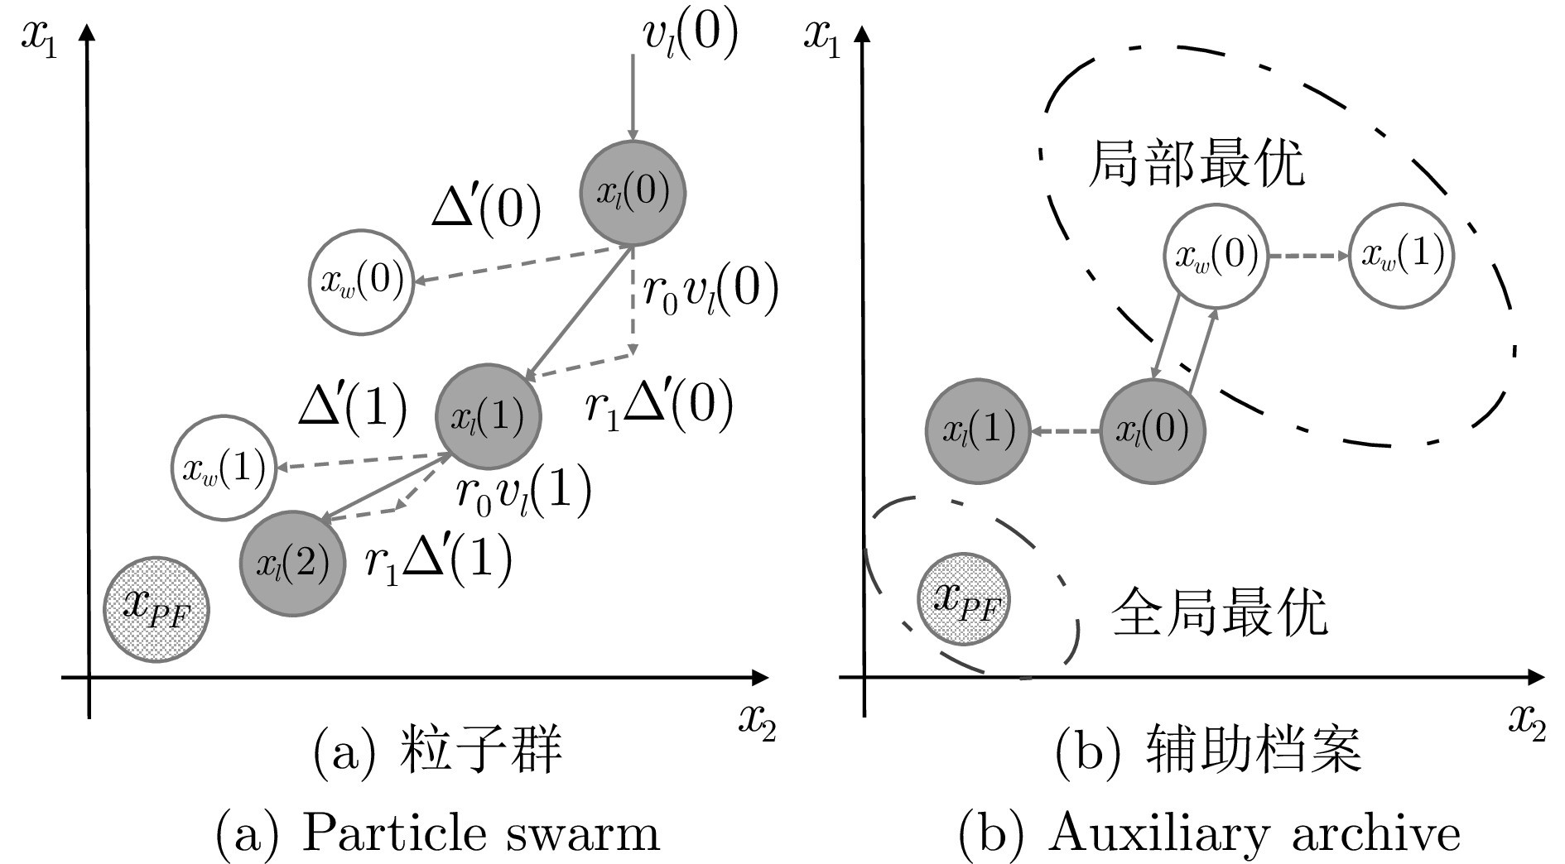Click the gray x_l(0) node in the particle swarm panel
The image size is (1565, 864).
pos(633,192)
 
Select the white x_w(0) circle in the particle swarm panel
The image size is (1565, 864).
pos(361,281)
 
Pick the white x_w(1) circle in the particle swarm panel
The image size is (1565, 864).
pos(224,468)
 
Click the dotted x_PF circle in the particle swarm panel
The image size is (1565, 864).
pos(156,609)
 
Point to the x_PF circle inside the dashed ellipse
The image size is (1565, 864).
pos(965,599)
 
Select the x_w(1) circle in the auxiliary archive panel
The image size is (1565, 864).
pos(1402,255)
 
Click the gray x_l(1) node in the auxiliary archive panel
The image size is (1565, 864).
pos(978,430)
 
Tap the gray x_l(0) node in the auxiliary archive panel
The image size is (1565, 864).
pos(1152,430)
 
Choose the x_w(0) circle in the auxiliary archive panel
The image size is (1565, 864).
pos(1216,255)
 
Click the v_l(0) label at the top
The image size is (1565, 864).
pos(689,36)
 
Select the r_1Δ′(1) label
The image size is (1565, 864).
pos(438,560)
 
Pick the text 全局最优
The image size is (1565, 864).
pos(1219,612)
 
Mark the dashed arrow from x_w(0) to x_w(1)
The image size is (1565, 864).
pos(1308,256)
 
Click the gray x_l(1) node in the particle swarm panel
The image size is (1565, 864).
pos(488,416)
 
